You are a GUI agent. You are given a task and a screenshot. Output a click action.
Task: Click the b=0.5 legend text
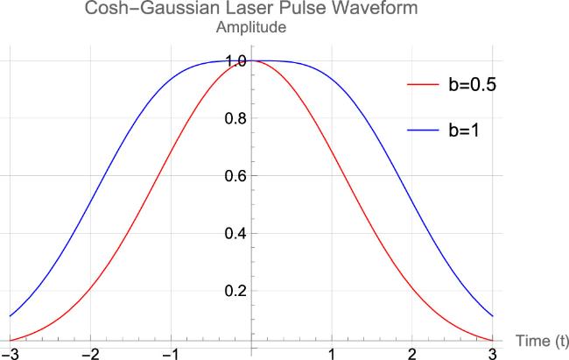473,85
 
